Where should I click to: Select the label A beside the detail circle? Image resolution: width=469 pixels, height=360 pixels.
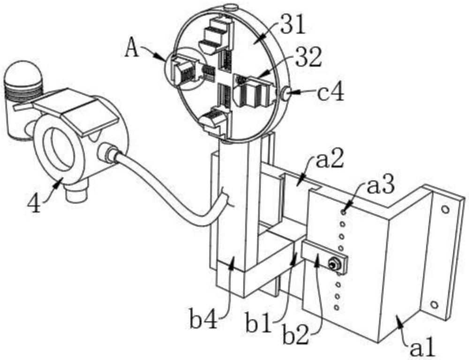coord(132,48)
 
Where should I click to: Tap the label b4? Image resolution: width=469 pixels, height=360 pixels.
coord(204,319)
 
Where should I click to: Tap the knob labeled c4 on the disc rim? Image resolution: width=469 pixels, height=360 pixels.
coord(286,93)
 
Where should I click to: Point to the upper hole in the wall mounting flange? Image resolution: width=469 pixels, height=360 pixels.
coord(445,209)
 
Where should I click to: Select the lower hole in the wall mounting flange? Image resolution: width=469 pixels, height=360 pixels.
coord(434,305)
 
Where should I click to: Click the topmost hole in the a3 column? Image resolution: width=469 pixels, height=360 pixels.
coord(344,212)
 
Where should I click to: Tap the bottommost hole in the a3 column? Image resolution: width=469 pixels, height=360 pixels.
coord(337,307)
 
